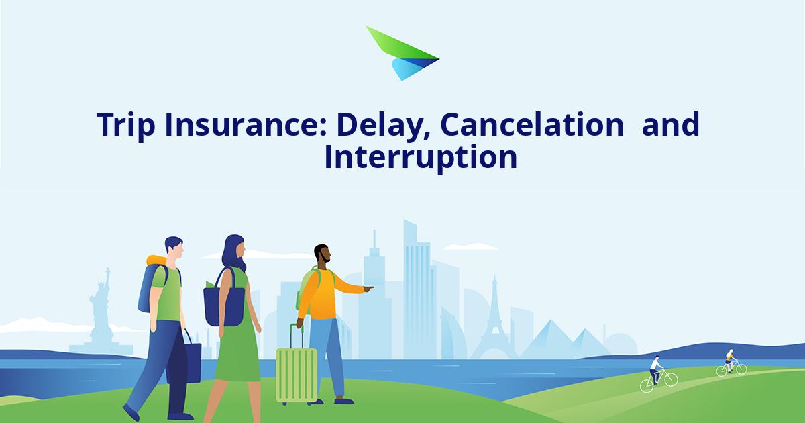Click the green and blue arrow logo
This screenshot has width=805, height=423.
(401, 54)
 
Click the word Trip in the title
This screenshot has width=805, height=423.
(121, 126)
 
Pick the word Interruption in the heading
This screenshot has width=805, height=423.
(421, 158)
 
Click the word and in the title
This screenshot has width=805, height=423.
(670, 126)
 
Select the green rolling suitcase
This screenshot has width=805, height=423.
(297, 373)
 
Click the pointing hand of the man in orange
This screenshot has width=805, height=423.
(368, 289)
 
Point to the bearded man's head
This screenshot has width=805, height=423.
(322, 254)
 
